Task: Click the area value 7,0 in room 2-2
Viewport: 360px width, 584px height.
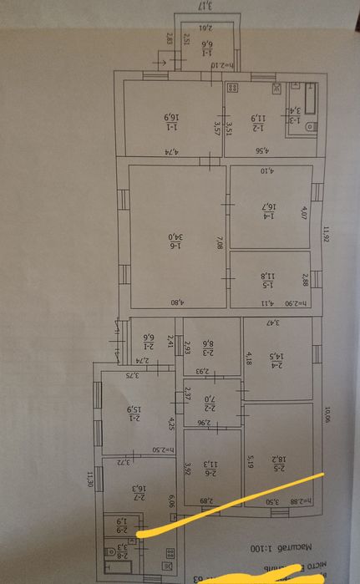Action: [213, 404]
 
